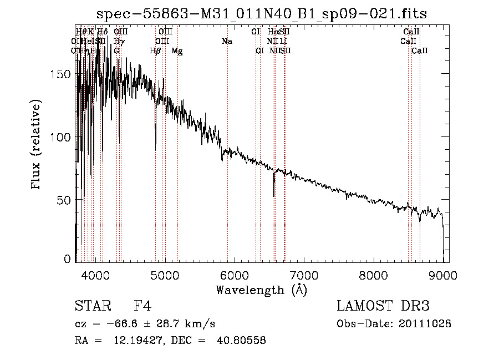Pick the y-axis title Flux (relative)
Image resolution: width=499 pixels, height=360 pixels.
pyautogui.click(x=37, y=145)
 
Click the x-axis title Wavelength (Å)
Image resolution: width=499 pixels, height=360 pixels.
pyautogui.click(x=261, y=290)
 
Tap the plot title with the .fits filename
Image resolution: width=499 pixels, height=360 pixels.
pyautogui.click(x=261, y=14)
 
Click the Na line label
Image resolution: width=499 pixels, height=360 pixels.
pyautogui.click(x=227, y=42)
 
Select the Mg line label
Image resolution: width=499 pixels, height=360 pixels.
pyautogui.click(x=177, y=51)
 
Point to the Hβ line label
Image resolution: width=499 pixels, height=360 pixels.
pyautogui.click(x=156, y=51)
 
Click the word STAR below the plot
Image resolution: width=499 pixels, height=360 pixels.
pyautogui.click(x=90, y=306)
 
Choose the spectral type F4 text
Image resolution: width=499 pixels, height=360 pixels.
pyautogui.click(x=142, y=306)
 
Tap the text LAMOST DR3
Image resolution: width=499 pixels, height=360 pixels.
pyautogui.click(x=383, y=306)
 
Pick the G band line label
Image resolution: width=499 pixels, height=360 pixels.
pyautogui.click(x=116, y=51)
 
